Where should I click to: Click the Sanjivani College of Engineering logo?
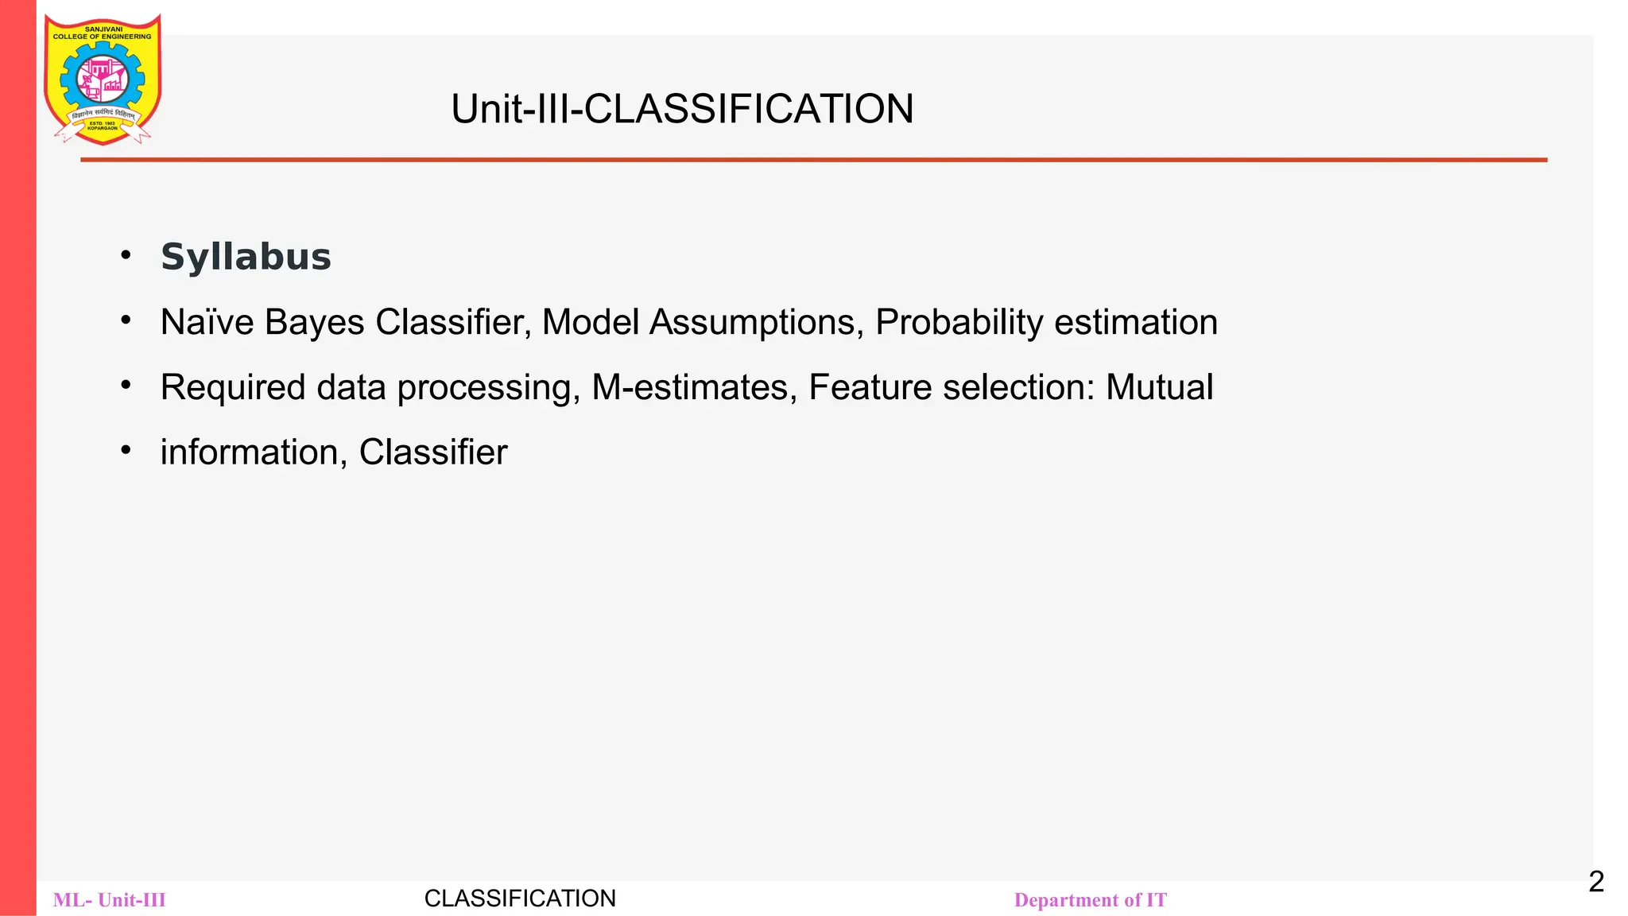[x=103, y=80]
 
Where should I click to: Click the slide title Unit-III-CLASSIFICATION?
[x=682, y=109]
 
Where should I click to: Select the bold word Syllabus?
[x=246, y=257]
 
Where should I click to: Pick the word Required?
[x=233, y=388]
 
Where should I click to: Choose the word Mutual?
[x=1159, y=388]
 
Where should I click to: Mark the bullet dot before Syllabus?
[x=126, y=255]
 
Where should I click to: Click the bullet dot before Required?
[x=126, y=386]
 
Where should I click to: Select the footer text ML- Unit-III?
[x=110, y=900]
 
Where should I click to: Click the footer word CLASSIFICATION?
[x=520, y=899]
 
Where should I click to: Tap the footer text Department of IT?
[x=1090, y=900]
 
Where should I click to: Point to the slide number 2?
[x=1596, y=882]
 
